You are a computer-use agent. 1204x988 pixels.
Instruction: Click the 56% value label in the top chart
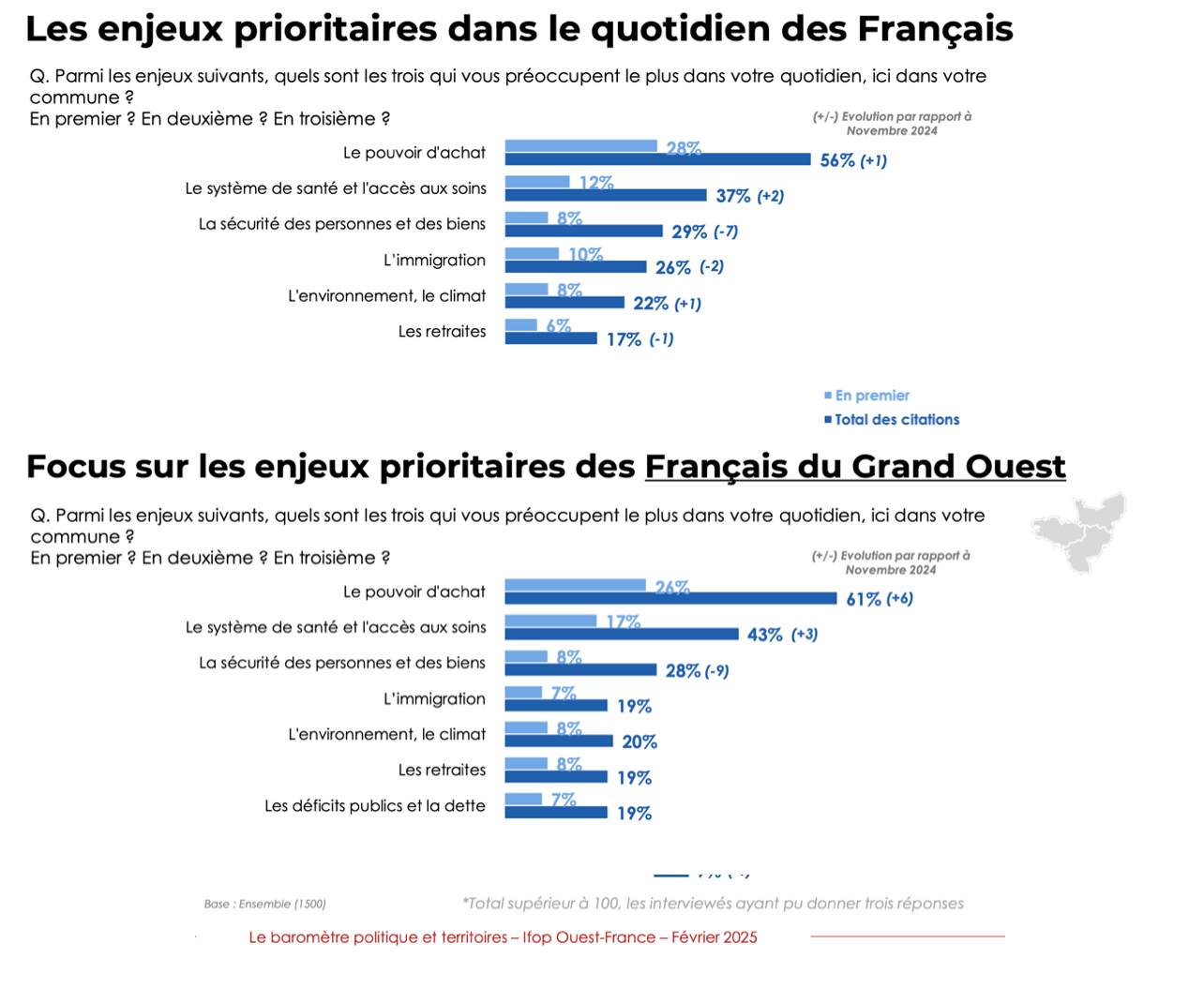(836, 160)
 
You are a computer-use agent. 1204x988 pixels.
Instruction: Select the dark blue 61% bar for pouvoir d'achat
(670, 598)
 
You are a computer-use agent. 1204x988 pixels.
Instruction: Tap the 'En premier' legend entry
(871, 396)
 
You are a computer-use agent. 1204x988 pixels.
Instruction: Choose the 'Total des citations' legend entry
(895, 420)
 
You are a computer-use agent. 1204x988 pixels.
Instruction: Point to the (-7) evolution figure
(726, 232)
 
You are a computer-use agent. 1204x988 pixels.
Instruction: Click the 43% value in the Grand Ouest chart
(764, 635)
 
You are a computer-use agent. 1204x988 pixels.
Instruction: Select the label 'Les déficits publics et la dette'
(375, 805)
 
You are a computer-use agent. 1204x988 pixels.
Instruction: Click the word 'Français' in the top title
(935, 29)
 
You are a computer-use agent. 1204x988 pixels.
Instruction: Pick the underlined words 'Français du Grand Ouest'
(854, 466)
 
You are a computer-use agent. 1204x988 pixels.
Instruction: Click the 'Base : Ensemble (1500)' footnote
(264, 905)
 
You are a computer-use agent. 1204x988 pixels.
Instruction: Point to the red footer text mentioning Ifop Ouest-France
(503, 937)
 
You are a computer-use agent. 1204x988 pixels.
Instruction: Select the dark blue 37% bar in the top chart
(606, 195)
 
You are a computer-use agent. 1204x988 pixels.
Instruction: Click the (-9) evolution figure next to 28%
(716, 671)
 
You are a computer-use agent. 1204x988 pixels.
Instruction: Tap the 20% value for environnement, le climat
(639, 742)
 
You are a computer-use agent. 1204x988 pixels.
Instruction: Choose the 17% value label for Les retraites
(624, 339)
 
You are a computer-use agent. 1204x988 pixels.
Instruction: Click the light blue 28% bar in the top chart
(580, 145)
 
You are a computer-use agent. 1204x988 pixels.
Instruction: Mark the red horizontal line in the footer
(907, 936)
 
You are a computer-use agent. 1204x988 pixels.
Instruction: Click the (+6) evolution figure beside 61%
(900, 598)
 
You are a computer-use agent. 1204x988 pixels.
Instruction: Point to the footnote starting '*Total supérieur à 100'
(713, 904)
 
